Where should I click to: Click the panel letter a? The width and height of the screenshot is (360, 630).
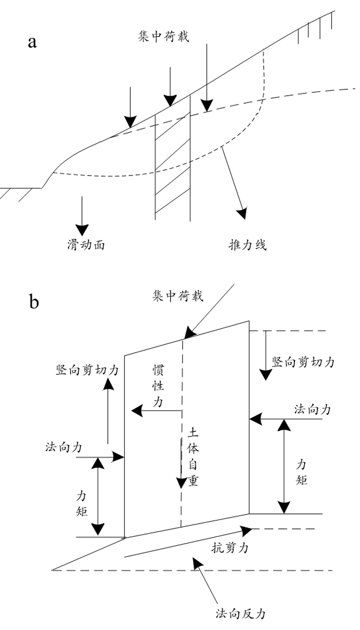[x=32, y=42]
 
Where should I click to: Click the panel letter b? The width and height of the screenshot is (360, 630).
[x=34, y=301]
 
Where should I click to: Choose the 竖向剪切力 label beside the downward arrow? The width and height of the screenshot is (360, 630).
[x=303, y=362]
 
